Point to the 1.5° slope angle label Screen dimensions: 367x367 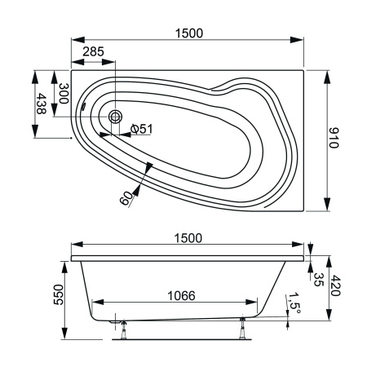[x=296, y=305]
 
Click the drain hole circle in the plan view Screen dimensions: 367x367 [x=115, y=118]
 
